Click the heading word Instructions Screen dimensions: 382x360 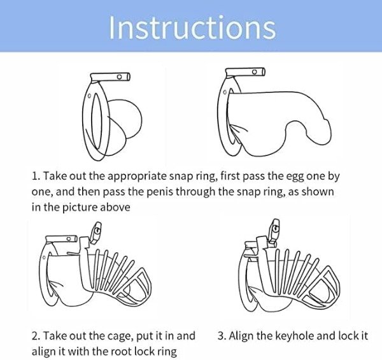tap(192, 27)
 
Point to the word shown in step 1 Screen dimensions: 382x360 tap(318, 192)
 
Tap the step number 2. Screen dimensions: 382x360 tap(36, 336)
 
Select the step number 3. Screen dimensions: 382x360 tap(221, 336)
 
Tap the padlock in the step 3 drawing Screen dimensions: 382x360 tap(274, 231)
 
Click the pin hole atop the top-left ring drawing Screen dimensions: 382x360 tap(120, 76)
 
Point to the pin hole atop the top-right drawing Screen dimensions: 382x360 tap(254, 71)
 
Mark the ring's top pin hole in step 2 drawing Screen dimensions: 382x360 tap(69, 238)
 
